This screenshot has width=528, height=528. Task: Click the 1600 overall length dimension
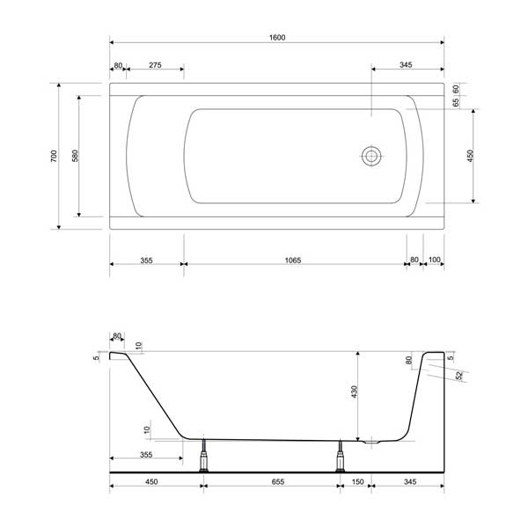[277, 37]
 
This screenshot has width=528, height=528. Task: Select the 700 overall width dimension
[54, 156]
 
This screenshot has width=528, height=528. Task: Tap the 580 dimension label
[75, 156]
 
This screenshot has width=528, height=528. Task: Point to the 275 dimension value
[155, 65]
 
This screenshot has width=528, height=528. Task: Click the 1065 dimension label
[293, 260]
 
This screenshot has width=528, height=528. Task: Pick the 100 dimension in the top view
[435, 260]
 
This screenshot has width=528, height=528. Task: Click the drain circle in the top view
[371, 156]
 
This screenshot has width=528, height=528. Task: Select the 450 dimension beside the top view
[470, 156]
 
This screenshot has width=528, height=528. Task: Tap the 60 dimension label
[456, 89]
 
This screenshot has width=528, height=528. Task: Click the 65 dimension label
[456, 102]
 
